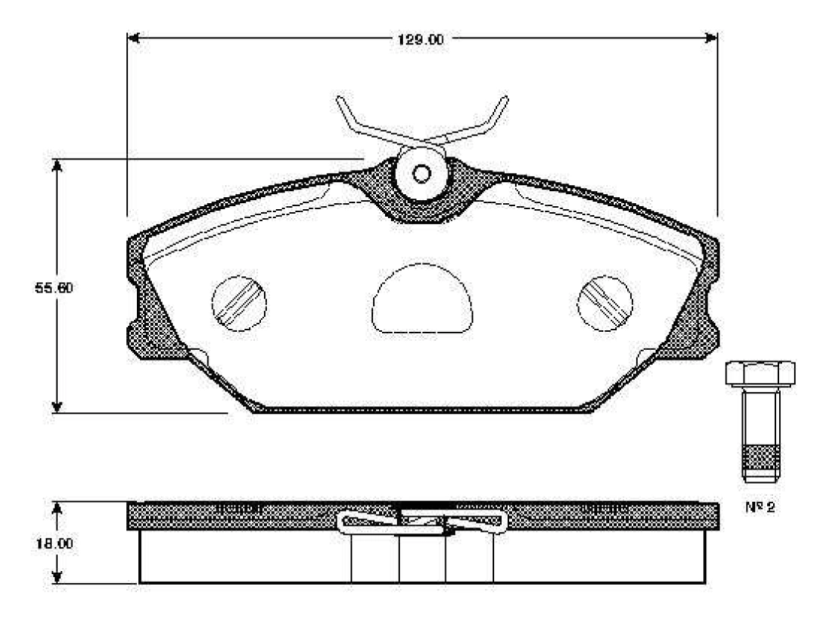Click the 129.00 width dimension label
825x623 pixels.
click(420, 39)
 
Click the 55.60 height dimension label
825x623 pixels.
click(53, 288)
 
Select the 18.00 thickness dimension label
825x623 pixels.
click(54, 543)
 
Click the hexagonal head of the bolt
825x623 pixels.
click(760, 374)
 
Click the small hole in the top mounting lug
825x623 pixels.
click(421, 174)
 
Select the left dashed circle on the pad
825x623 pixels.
click(239, 304)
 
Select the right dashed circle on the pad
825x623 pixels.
click(605, 304)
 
